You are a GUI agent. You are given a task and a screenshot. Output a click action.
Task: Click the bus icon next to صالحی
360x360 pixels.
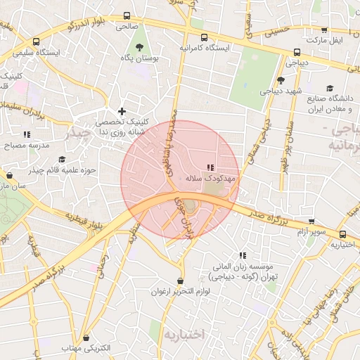pyautogui.click(x=127, y=15)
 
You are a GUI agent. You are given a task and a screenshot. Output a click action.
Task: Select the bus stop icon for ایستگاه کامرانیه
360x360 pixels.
pyautogui.click(x=204, y=37)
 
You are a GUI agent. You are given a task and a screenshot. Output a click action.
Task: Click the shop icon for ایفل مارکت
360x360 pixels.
pyautogui.click(x=324, y=30)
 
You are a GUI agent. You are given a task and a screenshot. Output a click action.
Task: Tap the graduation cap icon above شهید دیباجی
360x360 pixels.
pyautogui.click(x=281, y=80)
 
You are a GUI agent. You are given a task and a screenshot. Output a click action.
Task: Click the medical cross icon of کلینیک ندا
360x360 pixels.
pyautogui.click(x=122, y=111)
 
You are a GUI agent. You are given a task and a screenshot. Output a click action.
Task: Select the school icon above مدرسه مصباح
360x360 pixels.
pyautogui.click(x=27, y=134)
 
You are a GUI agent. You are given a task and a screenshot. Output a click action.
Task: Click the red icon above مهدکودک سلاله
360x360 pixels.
pyautogui.click(x=210, y=168)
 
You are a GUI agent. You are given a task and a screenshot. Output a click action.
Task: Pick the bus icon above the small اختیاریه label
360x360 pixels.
pyautogui.click(x=342, y=234)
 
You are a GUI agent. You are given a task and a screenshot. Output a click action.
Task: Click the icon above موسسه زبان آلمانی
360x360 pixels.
pyautogui.click(x=243, y=255)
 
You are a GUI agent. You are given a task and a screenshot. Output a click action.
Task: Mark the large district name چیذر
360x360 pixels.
pyautogui.click(x=77, y=131)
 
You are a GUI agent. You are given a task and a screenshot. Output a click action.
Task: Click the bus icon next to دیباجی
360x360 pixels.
pyautogui.click(x=297, y=52)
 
